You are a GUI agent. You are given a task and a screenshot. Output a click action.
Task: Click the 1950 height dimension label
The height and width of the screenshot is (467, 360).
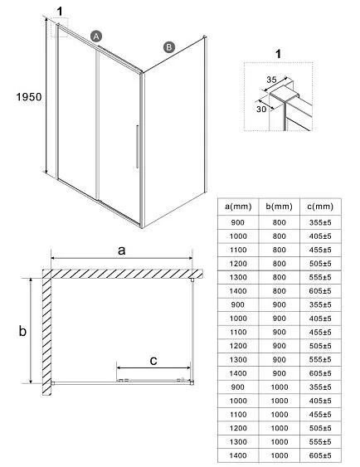pos(29,97)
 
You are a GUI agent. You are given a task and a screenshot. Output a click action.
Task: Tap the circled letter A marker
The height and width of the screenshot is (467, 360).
pos(96,36)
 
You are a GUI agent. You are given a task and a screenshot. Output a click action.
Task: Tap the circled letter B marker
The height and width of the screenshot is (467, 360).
pos(169,47)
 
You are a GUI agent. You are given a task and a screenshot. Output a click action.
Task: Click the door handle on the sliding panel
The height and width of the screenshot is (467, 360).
pos(137,146)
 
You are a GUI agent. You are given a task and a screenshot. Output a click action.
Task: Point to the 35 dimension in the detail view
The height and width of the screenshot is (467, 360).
pos(271,80)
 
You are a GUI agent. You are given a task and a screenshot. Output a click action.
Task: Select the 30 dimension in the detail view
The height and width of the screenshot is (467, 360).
pos(261,109)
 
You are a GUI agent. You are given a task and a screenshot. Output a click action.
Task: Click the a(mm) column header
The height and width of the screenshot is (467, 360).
pos(238,207)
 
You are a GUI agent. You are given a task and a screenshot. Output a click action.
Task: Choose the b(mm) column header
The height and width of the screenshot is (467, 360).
pos(279,207)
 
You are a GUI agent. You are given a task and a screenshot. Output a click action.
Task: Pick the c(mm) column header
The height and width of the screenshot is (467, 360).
pos(320,207)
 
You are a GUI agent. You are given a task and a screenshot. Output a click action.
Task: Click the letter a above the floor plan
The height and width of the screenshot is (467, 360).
pos(121,251)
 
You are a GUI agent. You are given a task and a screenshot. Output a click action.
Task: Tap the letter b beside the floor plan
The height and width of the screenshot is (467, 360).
pos(22,331)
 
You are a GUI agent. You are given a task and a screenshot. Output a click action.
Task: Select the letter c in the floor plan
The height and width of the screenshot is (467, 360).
pos(153,361)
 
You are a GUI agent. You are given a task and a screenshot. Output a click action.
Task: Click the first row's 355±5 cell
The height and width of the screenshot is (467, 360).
pos(320,222)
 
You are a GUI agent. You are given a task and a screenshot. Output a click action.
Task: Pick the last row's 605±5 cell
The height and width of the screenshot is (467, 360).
pos(320,455)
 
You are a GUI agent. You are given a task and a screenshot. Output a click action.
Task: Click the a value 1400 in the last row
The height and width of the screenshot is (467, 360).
pos(238,455)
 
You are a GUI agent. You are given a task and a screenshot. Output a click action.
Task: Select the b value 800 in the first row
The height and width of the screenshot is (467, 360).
pos(279,222)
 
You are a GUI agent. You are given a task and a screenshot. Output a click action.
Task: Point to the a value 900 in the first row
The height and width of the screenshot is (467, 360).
pos(237,222)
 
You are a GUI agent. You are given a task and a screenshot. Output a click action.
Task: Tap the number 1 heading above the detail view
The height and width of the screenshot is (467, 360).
pos(278,54)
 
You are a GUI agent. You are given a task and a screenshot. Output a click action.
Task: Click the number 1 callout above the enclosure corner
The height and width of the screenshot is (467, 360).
pos(61,12)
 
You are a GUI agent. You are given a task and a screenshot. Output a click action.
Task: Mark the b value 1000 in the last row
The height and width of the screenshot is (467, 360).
pos(280,455)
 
